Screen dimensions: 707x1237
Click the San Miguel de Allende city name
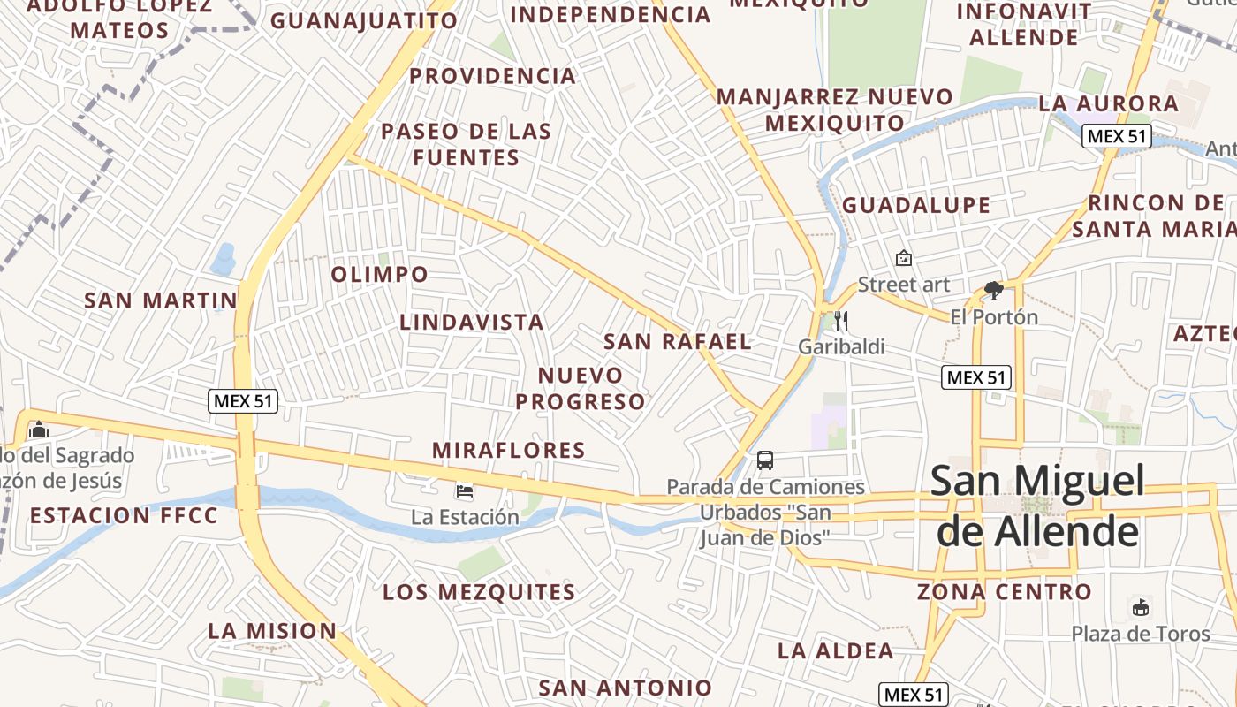tap(1037, 506)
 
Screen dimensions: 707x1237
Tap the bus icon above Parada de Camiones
tap(765, 460)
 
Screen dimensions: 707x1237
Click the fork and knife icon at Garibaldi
tap(840, 321)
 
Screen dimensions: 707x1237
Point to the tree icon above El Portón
tap(994, 291)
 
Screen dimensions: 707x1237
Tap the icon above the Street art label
tap(903, 258)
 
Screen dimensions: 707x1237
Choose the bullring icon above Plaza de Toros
tap(1141, 607)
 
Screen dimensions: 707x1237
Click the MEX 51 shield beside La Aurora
tap(1116, 136)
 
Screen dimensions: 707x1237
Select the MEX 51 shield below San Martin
tap(244, 401)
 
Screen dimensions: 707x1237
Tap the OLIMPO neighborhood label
tap(380, 275)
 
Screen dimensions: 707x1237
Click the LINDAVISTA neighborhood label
tap(472, 323)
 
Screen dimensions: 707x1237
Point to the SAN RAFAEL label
tap(678, 342)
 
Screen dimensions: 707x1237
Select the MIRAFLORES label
tap(509, 451)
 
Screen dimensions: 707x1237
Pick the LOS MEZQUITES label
tap(479, 592)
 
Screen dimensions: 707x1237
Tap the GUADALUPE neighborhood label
tap(916, 206)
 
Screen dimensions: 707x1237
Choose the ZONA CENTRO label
tap(1005, 592)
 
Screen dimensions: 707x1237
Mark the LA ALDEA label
tap(836, 651)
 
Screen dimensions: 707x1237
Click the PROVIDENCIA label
tap(493, 77)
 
